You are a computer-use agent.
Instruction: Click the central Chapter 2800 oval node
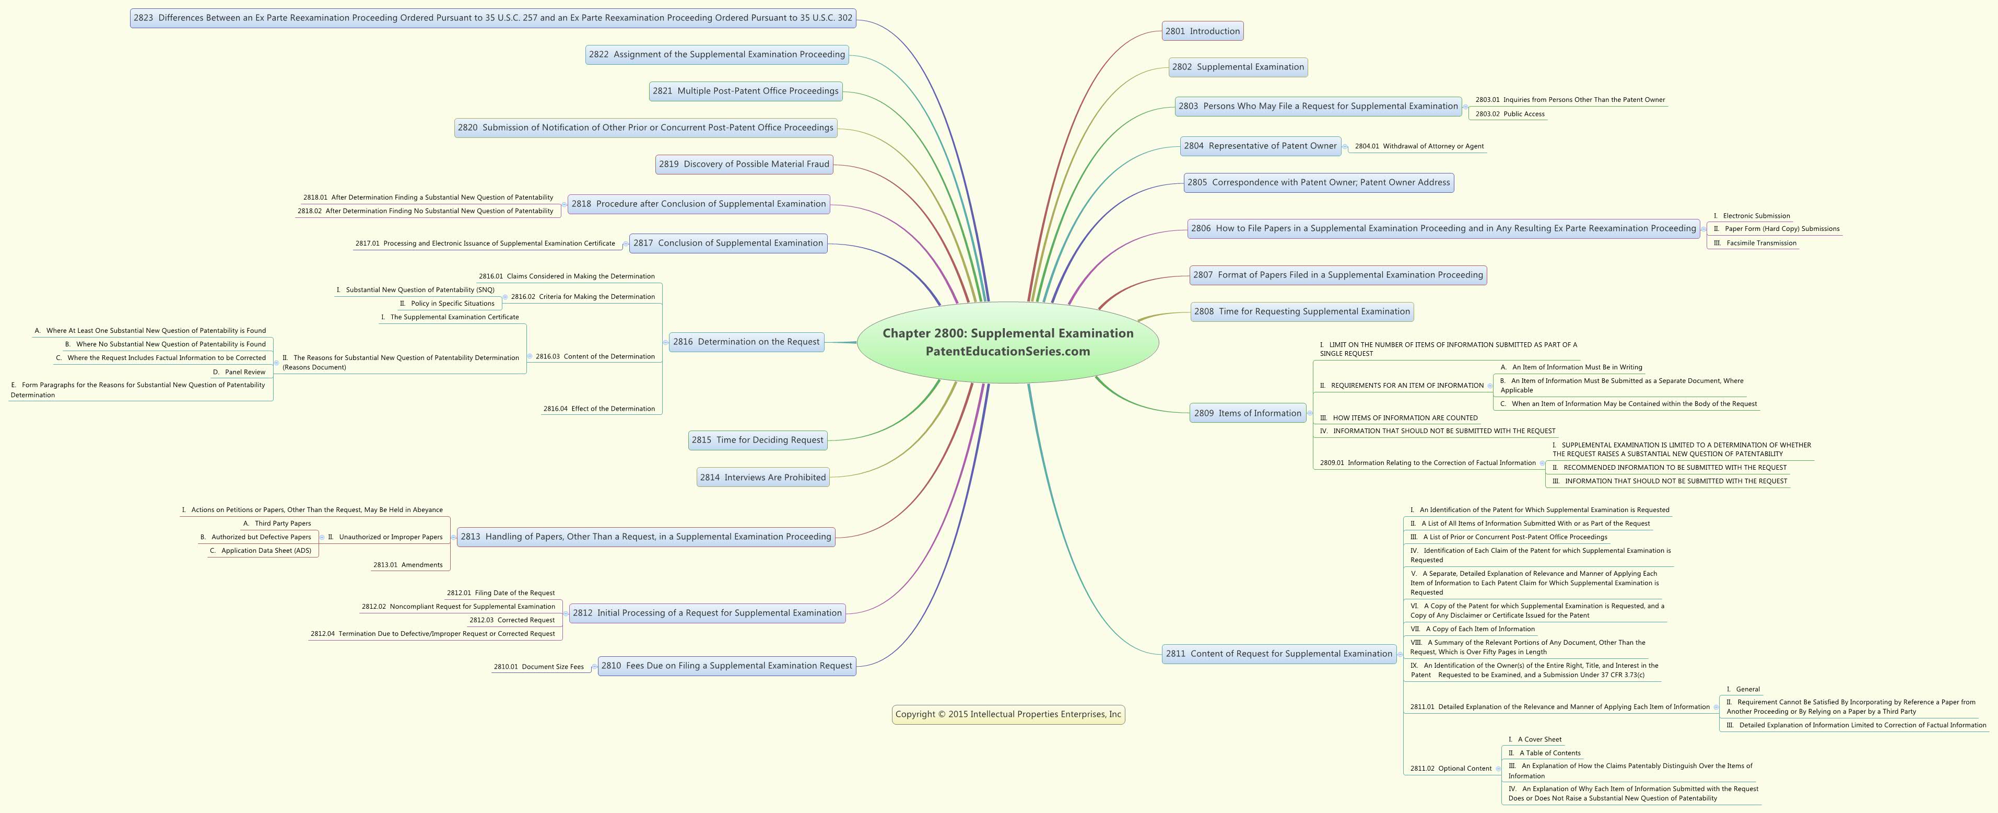pyautogui.click(x=1007, y=342)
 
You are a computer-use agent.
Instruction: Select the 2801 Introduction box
pyautogui.click(x=1202, y=31)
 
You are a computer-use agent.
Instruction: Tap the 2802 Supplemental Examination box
pyautogui.click(x=1238, y=67)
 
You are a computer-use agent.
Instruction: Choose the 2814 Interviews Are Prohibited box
pyautogui.click(x=762, y=477)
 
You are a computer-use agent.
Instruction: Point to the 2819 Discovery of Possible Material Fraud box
pyautogui.click(x=744, y=164)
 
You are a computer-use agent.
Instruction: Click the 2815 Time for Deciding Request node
pyautogui.click(x=758, y=440)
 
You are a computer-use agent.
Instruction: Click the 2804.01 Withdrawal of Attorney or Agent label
pyautogui.click(x=1419, y=146)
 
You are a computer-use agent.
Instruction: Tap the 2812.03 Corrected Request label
pyautogui.click(x=512, y=620)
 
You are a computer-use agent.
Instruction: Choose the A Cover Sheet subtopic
pyautogui.click(x=1534, y=739)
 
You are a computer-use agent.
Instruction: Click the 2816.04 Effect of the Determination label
pyautogui.click(x=599, y=409)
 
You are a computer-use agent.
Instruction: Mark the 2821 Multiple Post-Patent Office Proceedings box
pyautogui.click(x=745, y=91)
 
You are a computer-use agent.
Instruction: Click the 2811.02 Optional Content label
pyautogui.click(x=1450, y=769)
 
